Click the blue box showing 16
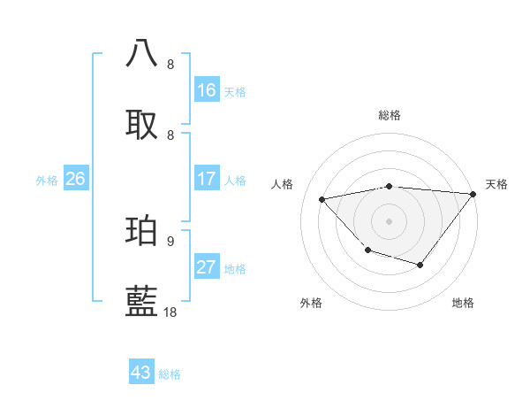point(207,90)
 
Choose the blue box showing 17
point(207,179)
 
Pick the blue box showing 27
point(207,267)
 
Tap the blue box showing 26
point(75,179)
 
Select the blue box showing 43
point(141,373)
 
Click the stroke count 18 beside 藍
point(170,312)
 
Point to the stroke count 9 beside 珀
point(170,241)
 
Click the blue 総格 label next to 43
point(170,374)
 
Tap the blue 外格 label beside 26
point(47,181)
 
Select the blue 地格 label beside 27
point(235,269)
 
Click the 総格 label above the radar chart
point(390,115)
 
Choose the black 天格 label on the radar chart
point(496,184)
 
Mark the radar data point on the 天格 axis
point(473,194)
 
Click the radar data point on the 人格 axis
point(322,199)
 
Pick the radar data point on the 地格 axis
point(420,265)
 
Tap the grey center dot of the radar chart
point(389,220)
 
